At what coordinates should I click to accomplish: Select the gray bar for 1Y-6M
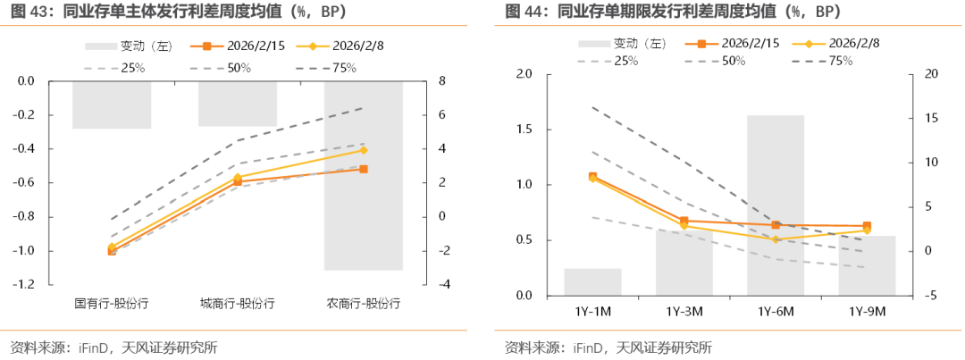click(x=776, y=205)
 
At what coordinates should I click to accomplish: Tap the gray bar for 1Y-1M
click(x=592, y=281)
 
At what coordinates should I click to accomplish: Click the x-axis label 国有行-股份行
click(x=112, y=303)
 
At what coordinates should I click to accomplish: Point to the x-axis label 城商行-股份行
click(x=238, y=303)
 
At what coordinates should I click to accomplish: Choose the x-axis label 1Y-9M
click(x=867, y=311)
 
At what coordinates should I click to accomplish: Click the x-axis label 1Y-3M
click(x=684, y=311)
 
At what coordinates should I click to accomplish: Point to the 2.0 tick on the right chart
click(x=524, y=74)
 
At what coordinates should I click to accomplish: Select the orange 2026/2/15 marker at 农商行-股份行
click(x=364, y=169)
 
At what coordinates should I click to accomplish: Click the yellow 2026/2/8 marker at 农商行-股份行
click(x=364, y=150)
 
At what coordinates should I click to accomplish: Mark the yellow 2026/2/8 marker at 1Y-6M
click(x=776, y=239)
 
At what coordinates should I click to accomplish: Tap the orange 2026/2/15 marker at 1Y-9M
click(x=867, y=226)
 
